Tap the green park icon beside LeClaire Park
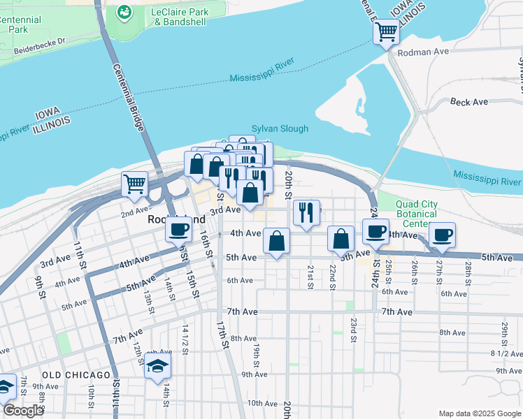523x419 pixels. pos(124,12)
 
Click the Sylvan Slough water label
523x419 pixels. pos(280,128)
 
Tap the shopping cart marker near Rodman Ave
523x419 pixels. pos(386,31)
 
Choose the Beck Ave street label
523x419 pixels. pos(469,102)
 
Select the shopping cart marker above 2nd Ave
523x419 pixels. pos(134,184)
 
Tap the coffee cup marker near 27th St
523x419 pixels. pos(442,235)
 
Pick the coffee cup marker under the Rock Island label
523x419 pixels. pos(178,229)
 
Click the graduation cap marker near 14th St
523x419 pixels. pos(158,366)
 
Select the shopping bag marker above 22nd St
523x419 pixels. pos(341,239)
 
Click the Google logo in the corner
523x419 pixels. pos(23,411)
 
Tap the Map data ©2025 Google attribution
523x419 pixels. pos(479,413)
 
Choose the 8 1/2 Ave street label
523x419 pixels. pos(501,353)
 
